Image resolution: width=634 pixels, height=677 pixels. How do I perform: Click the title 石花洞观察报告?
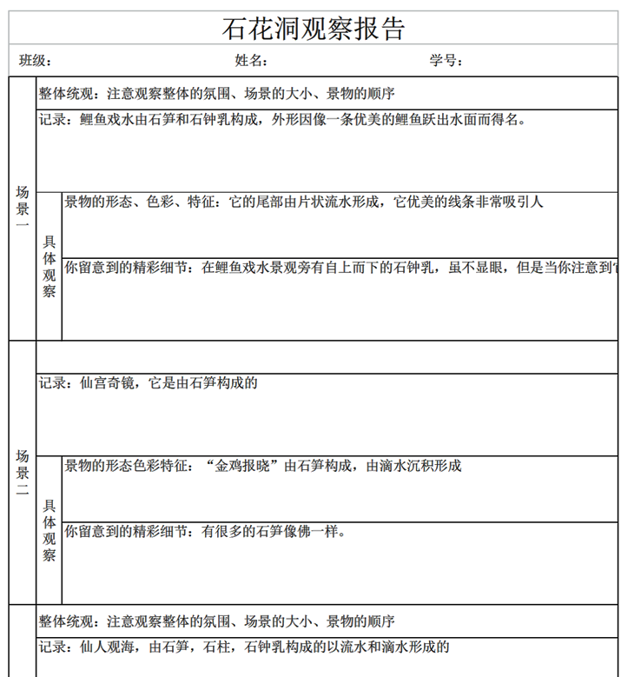pyautogui.click(x=314, y=29)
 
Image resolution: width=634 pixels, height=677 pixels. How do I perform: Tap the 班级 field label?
pyautogui.click(x=36, y=61)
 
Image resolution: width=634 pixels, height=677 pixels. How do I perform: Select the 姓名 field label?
pyautogui.click(x=250, y=61)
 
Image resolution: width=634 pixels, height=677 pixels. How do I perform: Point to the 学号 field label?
pyautogui.click(x=446, y=61)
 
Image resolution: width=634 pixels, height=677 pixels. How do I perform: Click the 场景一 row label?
pyautogui.click(x=23, y=209)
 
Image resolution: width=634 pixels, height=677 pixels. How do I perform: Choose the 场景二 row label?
pyautogui.click(x=23, y=473)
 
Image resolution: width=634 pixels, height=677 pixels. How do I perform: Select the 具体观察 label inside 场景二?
pyautogui.click(x=50, y=530)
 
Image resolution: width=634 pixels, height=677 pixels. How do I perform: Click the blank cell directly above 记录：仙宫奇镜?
pyautogui.click(x=327, y=357)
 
